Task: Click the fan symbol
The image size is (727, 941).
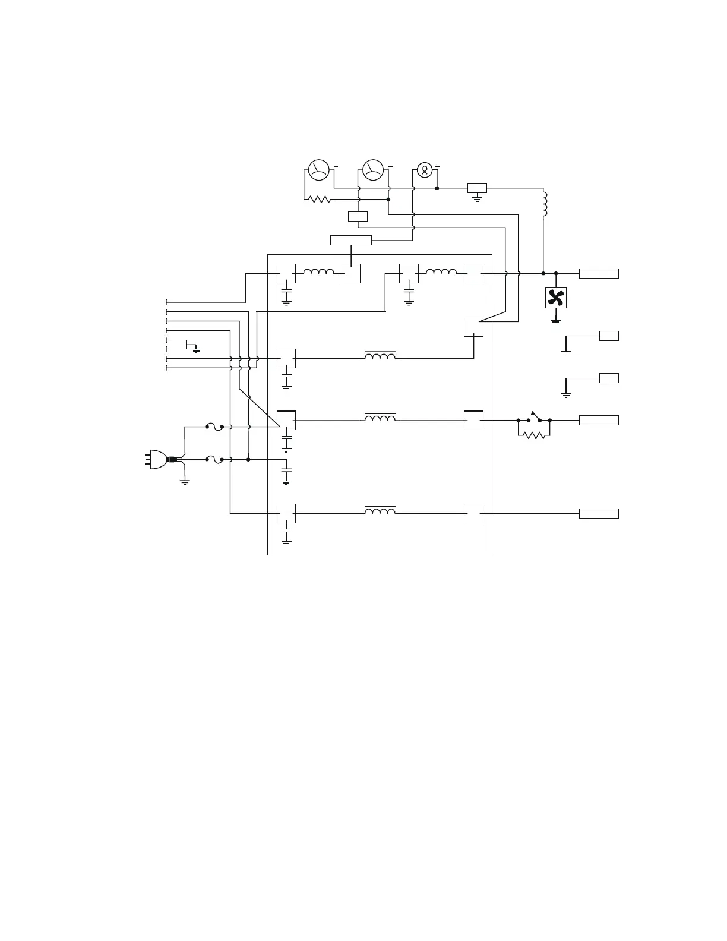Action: click(x=555, y=298)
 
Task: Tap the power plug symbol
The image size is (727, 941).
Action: click(x=158, y=459)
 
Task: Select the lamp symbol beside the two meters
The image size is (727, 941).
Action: click(x=424, y=170)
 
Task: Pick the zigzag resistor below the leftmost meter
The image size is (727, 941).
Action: click(x=320, y=200)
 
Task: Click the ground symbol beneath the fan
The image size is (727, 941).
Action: click(x=555, y=321)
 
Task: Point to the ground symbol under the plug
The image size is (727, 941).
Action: click(x=185, y=482)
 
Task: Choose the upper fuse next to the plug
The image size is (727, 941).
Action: click(x=214, y=426)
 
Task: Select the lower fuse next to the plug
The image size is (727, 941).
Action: click(x=214, y=459)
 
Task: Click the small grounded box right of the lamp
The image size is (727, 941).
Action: click(x=477, y=188)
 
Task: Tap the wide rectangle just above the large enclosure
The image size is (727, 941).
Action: click(x=350, y=240)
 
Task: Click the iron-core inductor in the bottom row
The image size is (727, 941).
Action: click(x=380, y=511)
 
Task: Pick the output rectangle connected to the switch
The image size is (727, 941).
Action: click(x=599, y=421)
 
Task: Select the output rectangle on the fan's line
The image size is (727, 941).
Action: click(x=599, y=273)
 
